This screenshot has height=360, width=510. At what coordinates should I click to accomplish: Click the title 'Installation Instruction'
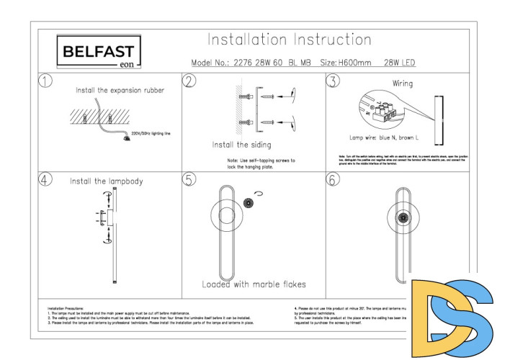pyautogui.click(x=289, y=40)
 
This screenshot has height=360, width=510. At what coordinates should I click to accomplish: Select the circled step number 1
pyautogui.click(x=46, y=81)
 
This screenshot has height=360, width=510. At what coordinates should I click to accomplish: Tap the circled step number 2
pyautogui.click(x=189, y=81)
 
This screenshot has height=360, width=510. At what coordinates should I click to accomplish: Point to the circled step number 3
pyautogui.click(x=332, y=81)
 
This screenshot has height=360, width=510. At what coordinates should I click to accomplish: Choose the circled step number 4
pyautogui.click(x=46, y=180)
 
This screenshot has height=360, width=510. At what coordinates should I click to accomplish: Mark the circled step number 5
pyautogui.click(x=189, y=180)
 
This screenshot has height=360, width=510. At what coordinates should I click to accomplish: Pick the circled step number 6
pyautogui.click(x=332, y=180)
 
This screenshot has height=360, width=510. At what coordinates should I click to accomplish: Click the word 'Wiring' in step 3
pyautogui.click(x=403, y=84)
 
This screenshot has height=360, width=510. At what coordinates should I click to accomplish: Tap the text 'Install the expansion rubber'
pyautogui.click(x=120, y=91)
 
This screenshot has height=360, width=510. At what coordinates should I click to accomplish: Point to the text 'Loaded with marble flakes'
pyautogui.click(x=254, y=284)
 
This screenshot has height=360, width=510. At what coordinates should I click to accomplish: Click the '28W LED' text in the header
pyautogui.click(x=400, y=63)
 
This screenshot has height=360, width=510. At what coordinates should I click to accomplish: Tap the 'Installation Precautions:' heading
pyautogui.click(x=65, y=309)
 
